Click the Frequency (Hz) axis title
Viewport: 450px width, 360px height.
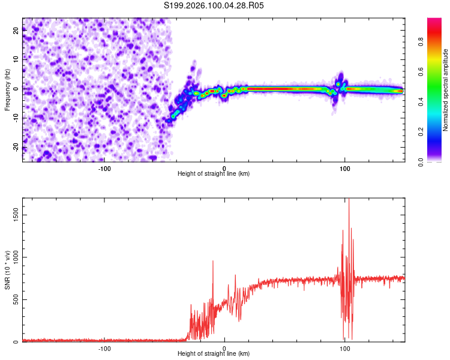click(x=8, y=89)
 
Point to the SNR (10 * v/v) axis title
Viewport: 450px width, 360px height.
click(x=8, y=271)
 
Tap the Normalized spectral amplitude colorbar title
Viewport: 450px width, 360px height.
click(x=446, y=90)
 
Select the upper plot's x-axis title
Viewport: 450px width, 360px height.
click(x=214, y=173)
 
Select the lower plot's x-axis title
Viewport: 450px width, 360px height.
click(x=214, y=354)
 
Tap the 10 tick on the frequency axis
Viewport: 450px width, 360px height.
click(x=16, y=60)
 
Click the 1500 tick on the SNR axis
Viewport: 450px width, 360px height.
click(x=12, y=215)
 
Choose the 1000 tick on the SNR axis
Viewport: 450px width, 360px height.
click(x=12, y=257)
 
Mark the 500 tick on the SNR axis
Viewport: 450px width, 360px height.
click(x=14, y=300)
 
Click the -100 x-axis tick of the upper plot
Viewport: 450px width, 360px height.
click(x=104, y=168)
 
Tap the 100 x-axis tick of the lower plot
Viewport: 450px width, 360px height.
click(x=345, y=349)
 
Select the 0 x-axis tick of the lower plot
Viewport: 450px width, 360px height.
click(x=224, y=349)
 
